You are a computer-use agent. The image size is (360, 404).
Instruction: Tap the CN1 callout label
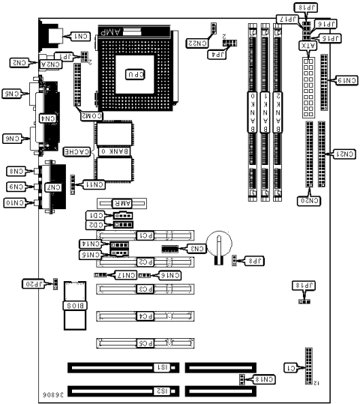click(78, 35)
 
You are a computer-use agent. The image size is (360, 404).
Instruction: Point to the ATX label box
click(307, 46)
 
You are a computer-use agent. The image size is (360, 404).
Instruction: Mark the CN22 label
click(194, 43)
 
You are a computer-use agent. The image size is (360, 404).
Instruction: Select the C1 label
click(291, 368)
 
